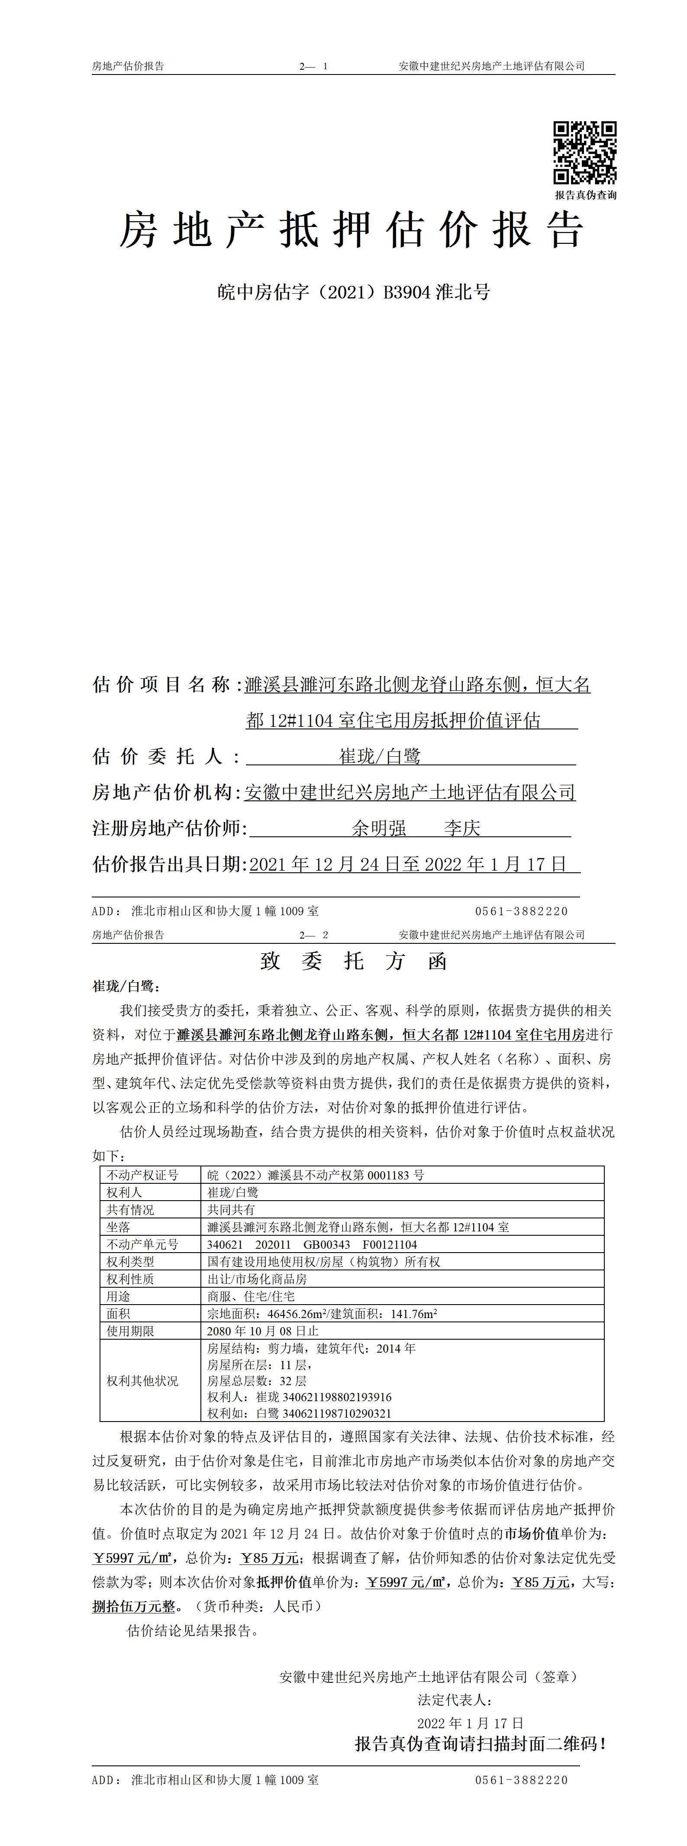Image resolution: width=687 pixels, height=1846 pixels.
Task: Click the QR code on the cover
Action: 584,152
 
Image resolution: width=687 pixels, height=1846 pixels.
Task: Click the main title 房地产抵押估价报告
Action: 351,231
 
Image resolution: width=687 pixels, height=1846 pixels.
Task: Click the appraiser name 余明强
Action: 379,829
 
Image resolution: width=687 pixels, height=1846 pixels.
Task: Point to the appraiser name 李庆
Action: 462,829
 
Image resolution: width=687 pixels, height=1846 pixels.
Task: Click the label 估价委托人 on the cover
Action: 166,757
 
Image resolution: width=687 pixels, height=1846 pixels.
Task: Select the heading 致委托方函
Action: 353,962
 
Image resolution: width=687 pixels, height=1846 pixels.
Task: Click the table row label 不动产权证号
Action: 142,1175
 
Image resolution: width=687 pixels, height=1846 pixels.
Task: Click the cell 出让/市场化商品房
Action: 256,1279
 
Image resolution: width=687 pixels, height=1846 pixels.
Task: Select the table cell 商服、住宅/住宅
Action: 251,1296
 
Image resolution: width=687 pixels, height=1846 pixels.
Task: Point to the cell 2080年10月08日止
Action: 262,1331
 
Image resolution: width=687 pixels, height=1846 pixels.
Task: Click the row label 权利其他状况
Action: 142,1381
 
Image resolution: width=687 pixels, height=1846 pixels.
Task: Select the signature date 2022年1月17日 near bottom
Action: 470,1723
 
